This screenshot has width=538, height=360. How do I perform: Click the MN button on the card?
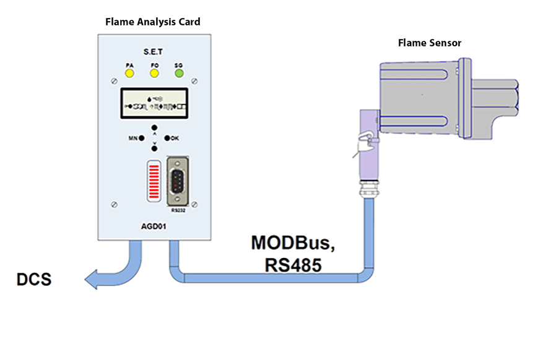click(142, 138)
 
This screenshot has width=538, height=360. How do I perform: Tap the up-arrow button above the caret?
click(154, 127)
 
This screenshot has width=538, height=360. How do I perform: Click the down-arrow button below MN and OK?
click(154, 148)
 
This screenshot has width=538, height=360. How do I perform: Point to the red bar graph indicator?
click(153, 181)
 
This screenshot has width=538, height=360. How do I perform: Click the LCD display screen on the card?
click(154, 103)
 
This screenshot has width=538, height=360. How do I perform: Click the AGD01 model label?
click(153, 227)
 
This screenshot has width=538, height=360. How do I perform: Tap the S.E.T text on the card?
click(154, 53)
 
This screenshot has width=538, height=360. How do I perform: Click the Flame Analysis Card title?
click(153, 22)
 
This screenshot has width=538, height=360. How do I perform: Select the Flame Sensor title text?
click(429, 43)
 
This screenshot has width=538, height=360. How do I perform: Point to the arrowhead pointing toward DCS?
click(95, 279)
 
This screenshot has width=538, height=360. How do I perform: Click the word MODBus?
click(293, 243)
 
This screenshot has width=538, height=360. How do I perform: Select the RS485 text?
click(293, 265)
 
